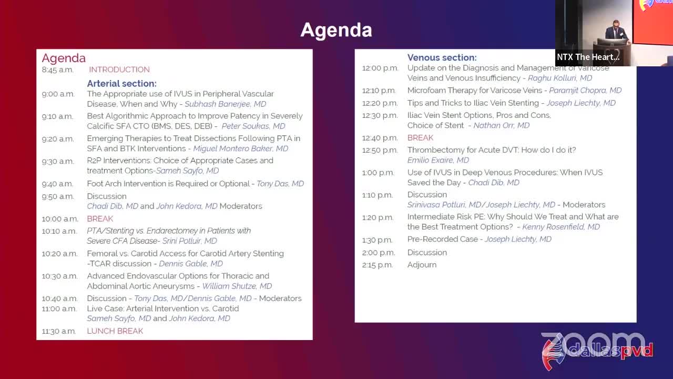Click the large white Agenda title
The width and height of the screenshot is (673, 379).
pyautogui.click(x=336, y=31)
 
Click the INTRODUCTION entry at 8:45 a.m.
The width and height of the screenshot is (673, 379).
pyautogui.click(x=119, y=69)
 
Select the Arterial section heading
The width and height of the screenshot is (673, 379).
pyautogui.click(x=121, y=83)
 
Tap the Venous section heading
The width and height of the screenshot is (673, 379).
pyautogui.click(x=442, y=57)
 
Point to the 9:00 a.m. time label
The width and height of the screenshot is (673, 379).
pyautogui.click(x=58, y=94)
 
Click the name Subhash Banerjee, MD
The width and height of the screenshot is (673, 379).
pyautogui.click(x=226, y=104)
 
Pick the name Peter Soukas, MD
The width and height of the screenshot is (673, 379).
pyautogui.click(x=253, y=126)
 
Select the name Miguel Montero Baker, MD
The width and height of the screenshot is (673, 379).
pyautogui.click(x=240, y=148)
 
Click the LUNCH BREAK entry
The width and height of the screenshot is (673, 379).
pyautogui.click(x=115, y=331)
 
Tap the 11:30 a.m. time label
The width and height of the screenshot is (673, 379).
pyautogui.click(x=58, y=331)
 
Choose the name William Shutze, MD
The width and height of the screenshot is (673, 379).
pyautogui.click(x=237, y=286)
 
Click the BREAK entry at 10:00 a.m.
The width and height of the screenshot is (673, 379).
pyautogui.click(x=100, y=218)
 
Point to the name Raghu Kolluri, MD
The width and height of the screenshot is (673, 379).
pyautogui.click(x=560, y=78)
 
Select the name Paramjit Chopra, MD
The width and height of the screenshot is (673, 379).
pyautogui.click(x=585, y=91)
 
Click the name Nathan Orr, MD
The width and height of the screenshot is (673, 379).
pyautogui.click(x=502, y=125)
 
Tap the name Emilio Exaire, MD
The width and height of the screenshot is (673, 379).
pyautogui.click(x=438, y=160)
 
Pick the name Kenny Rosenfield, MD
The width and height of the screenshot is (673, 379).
pyautogui.click(x=561, y=227)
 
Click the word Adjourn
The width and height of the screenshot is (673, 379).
pyautogui.click(x=422, y=265)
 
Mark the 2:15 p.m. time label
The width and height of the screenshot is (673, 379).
pyautogui.click(x=378, y=265)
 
